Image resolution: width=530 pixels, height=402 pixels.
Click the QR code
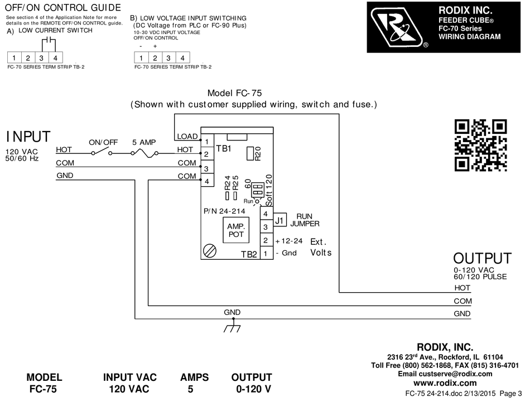pyautogui.click(x=481, y=146)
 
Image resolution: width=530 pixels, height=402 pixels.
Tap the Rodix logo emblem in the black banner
pyautogui.click(x=398, y=27)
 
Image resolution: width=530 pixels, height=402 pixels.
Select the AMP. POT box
pyautogui.click(x=236, y=230)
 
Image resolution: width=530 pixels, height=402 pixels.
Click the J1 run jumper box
pyautogui.click(x=280, y=220)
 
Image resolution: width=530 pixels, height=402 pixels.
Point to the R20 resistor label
pyautogui.click(x=258, y=154)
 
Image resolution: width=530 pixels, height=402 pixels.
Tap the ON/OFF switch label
pyautogui.click(x=103, y=142)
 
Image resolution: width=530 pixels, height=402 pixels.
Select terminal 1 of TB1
pyautogui.click(x=207, y=141)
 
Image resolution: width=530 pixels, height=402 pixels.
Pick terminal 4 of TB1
pyautogui.click(x=207, y=181)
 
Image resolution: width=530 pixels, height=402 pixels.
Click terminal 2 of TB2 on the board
pyautogui.click(x=266, y=240)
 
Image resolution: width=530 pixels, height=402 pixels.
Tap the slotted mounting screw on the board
pyautogui.click(x=210, y=251)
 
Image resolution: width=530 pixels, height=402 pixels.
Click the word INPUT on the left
pyautogui.click(x=28, y=137)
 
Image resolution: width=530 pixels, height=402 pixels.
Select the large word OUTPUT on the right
pyautogui.click(x=483, y=259)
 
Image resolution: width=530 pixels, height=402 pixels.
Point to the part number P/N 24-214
pyautogui.click(x=224, y=211)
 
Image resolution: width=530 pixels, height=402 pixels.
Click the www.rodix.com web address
pyautogui.click(x=445, y=383)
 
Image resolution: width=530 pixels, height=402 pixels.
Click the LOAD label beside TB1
pyautogui.click(x=187, y=136)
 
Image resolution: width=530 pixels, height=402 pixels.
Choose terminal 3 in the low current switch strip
pyautogui.click(x=42, y=58)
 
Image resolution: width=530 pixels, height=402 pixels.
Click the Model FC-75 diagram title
pyautogui.click(x=234, y=93)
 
